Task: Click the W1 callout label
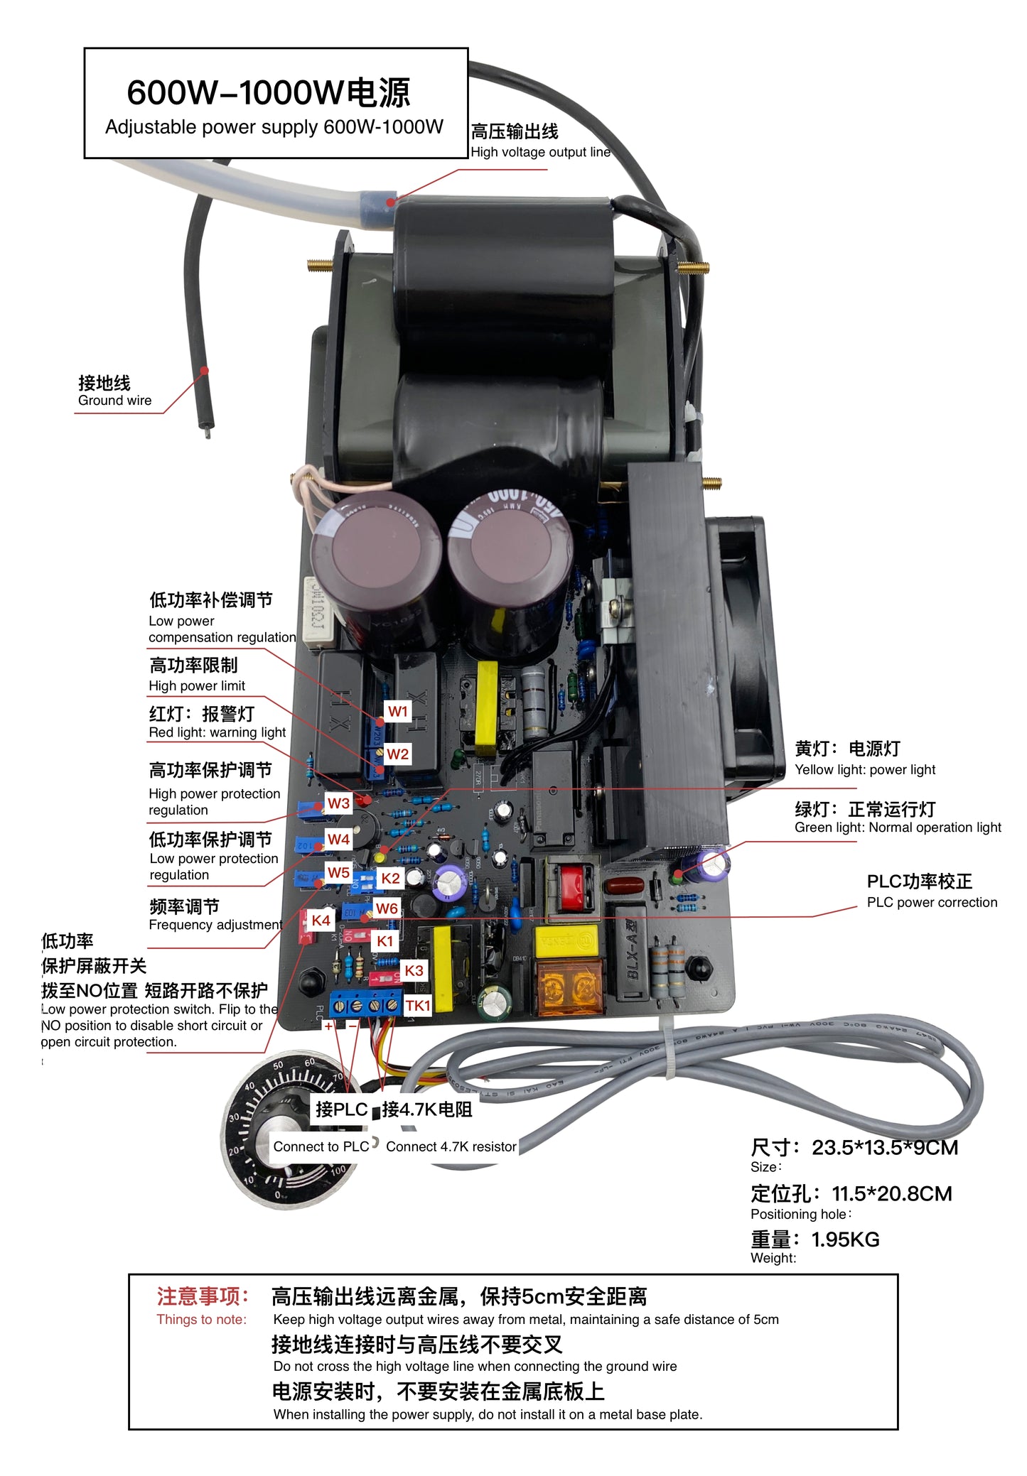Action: [398, 711]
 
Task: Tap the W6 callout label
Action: [387, 908]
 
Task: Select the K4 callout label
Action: [321, 920]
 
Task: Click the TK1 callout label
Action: [417, 1005]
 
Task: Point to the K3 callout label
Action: [414, 970]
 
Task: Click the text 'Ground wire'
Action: [114, 401]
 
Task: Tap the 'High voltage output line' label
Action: [540, 152]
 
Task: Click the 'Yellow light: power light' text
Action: [864, 769]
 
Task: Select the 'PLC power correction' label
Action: [931, 902]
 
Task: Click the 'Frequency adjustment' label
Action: [215, 925]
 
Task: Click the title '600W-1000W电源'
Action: [269, 93]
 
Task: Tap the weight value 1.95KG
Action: [845, 1239]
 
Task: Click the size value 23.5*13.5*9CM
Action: [884, 1148]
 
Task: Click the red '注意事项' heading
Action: [203, 1296]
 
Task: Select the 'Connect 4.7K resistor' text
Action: [451, 1146]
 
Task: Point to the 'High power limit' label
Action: [197, 686]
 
